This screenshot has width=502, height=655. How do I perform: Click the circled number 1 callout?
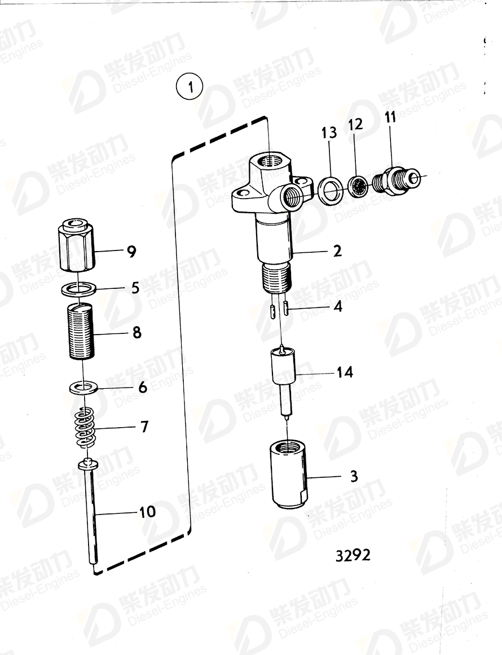(x=191, y=88)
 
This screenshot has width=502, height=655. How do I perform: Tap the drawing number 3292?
(x=353, y=555)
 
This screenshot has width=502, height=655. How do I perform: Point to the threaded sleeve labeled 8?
(x=81, y=331)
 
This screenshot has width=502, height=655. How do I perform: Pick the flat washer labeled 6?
(x=83, y=388)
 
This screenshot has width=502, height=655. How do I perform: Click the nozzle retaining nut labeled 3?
(x=288, y=475)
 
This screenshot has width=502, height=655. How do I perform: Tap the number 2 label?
(x=337, y=250)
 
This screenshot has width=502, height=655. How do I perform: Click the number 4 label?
(x=337, y=307)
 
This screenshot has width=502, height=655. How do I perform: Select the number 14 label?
(x=344, y=372)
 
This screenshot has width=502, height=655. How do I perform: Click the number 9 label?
(x=131, y=252)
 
